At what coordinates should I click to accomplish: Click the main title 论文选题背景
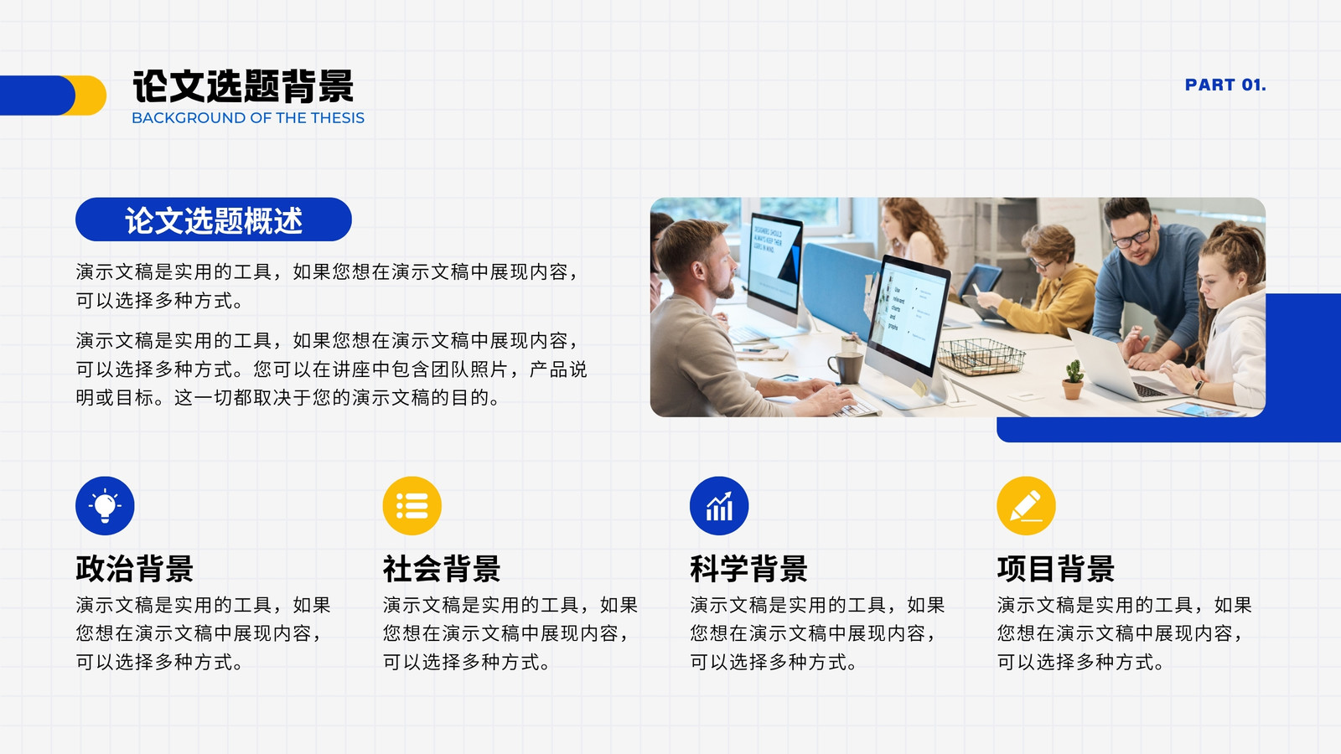[242, 86]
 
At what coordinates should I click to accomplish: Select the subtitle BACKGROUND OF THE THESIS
[248, 118]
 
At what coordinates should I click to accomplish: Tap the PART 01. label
[1225, 85]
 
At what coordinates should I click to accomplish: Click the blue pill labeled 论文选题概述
[213, 219]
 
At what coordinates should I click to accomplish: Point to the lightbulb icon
[105, 506]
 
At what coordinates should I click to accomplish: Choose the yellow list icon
[412, 506]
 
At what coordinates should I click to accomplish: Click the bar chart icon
[719, 506]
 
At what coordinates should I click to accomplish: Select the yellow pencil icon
[1026, 506]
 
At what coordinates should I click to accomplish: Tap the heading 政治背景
[135, 569]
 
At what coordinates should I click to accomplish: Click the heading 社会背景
[442, 569]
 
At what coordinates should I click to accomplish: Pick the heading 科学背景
[749, 569]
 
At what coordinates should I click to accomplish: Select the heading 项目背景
[1056, 569]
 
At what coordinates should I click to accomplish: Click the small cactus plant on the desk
[1073, 380]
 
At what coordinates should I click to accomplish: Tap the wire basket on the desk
[981, 356]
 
